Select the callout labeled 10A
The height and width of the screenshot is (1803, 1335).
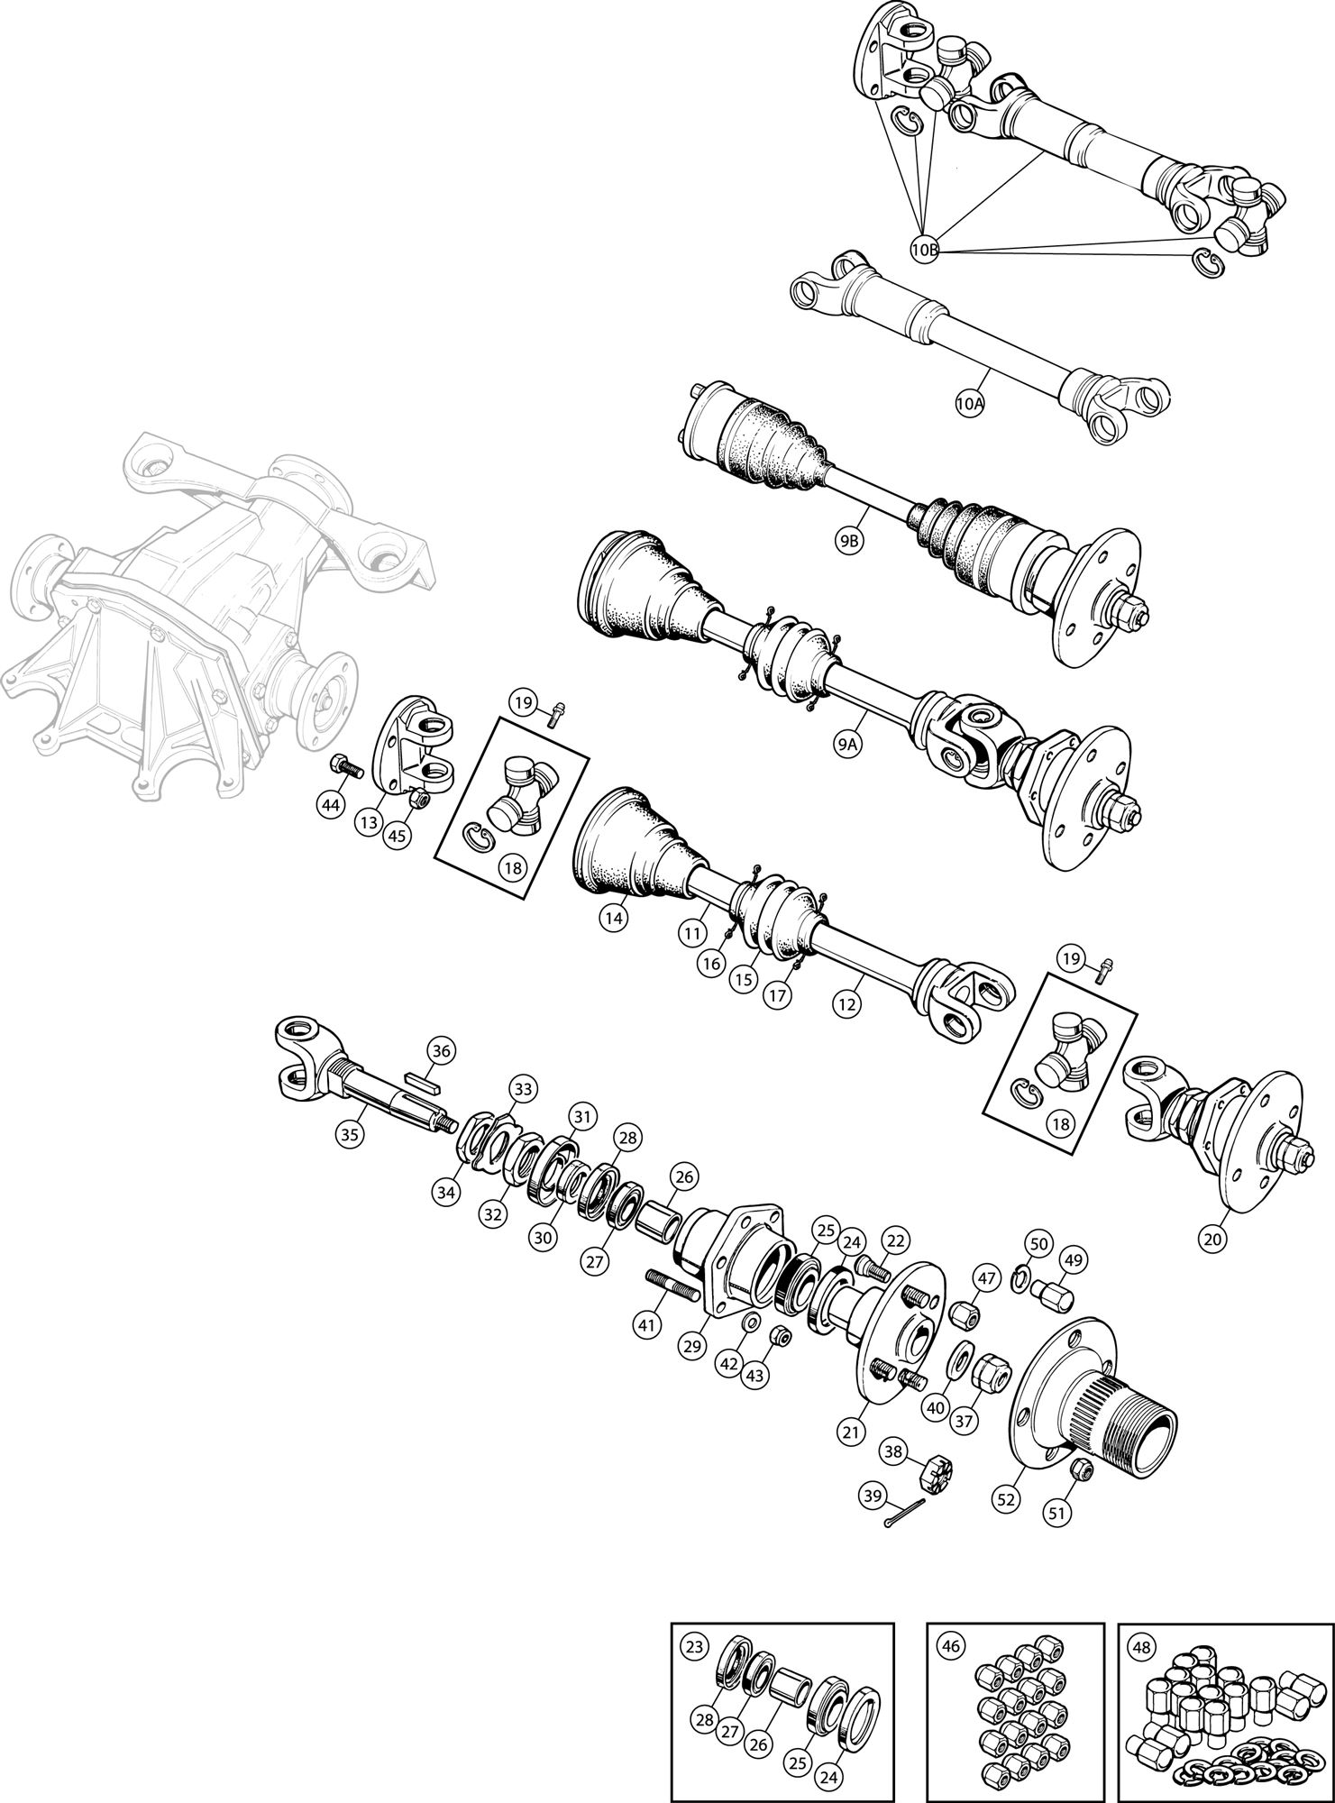(x=969, y=405)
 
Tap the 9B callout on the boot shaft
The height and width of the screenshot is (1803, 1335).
(x=848, y=541)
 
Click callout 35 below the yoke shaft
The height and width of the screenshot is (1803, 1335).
(x=350, y=1135)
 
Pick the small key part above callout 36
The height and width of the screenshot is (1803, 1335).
(x=420, y=1081)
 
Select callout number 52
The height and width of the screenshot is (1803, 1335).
(x=1006, y=1498)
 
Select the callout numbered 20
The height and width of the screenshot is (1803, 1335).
(x=1213, y=1240)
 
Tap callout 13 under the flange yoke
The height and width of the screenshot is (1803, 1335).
(x=367, y=823)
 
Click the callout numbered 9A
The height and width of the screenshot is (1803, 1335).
(x=848, y=745)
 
